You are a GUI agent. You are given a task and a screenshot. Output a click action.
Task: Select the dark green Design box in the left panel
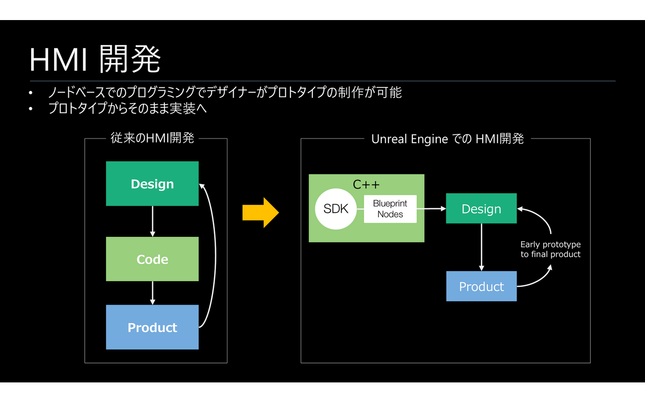pos(152,184)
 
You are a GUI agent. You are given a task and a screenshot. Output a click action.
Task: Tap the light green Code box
pos(152,259)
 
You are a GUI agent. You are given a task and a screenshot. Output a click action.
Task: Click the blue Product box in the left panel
pos(152,328)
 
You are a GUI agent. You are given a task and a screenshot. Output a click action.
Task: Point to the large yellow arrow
pos(260,212)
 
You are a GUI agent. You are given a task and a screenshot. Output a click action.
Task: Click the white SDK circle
pos(336,209)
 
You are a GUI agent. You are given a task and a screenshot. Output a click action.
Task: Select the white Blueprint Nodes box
pos(390,209)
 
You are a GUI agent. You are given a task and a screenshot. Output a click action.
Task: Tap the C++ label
pos(366,184)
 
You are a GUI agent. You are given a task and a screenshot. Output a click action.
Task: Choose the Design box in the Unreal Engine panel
pos(481,209)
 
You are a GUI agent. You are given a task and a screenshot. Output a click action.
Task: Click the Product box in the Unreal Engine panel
pos(481,286)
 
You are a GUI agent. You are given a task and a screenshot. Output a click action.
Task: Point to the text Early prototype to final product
pos(550,249)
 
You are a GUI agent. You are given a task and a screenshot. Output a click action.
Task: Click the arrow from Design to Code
pos(152,222)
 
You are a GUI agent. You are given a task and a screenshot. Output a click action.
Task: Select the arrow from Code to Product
pos(152,293)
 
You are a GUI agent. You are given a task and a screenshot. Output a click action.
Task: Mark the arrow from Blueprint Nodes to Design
pos(431,209)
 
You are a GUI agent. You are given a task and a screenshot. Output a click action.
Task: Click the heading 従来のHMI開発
pos(152,138)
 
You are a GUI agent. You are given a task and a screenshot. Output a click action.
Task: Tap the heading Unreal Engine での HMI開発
pos(447,139)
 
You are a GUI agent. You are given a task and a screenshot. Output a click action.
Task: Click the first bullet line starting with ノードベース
pos(225,92)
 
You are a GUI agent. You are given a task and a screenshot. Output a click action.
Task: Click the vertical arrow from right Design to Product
pos(481,247)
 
